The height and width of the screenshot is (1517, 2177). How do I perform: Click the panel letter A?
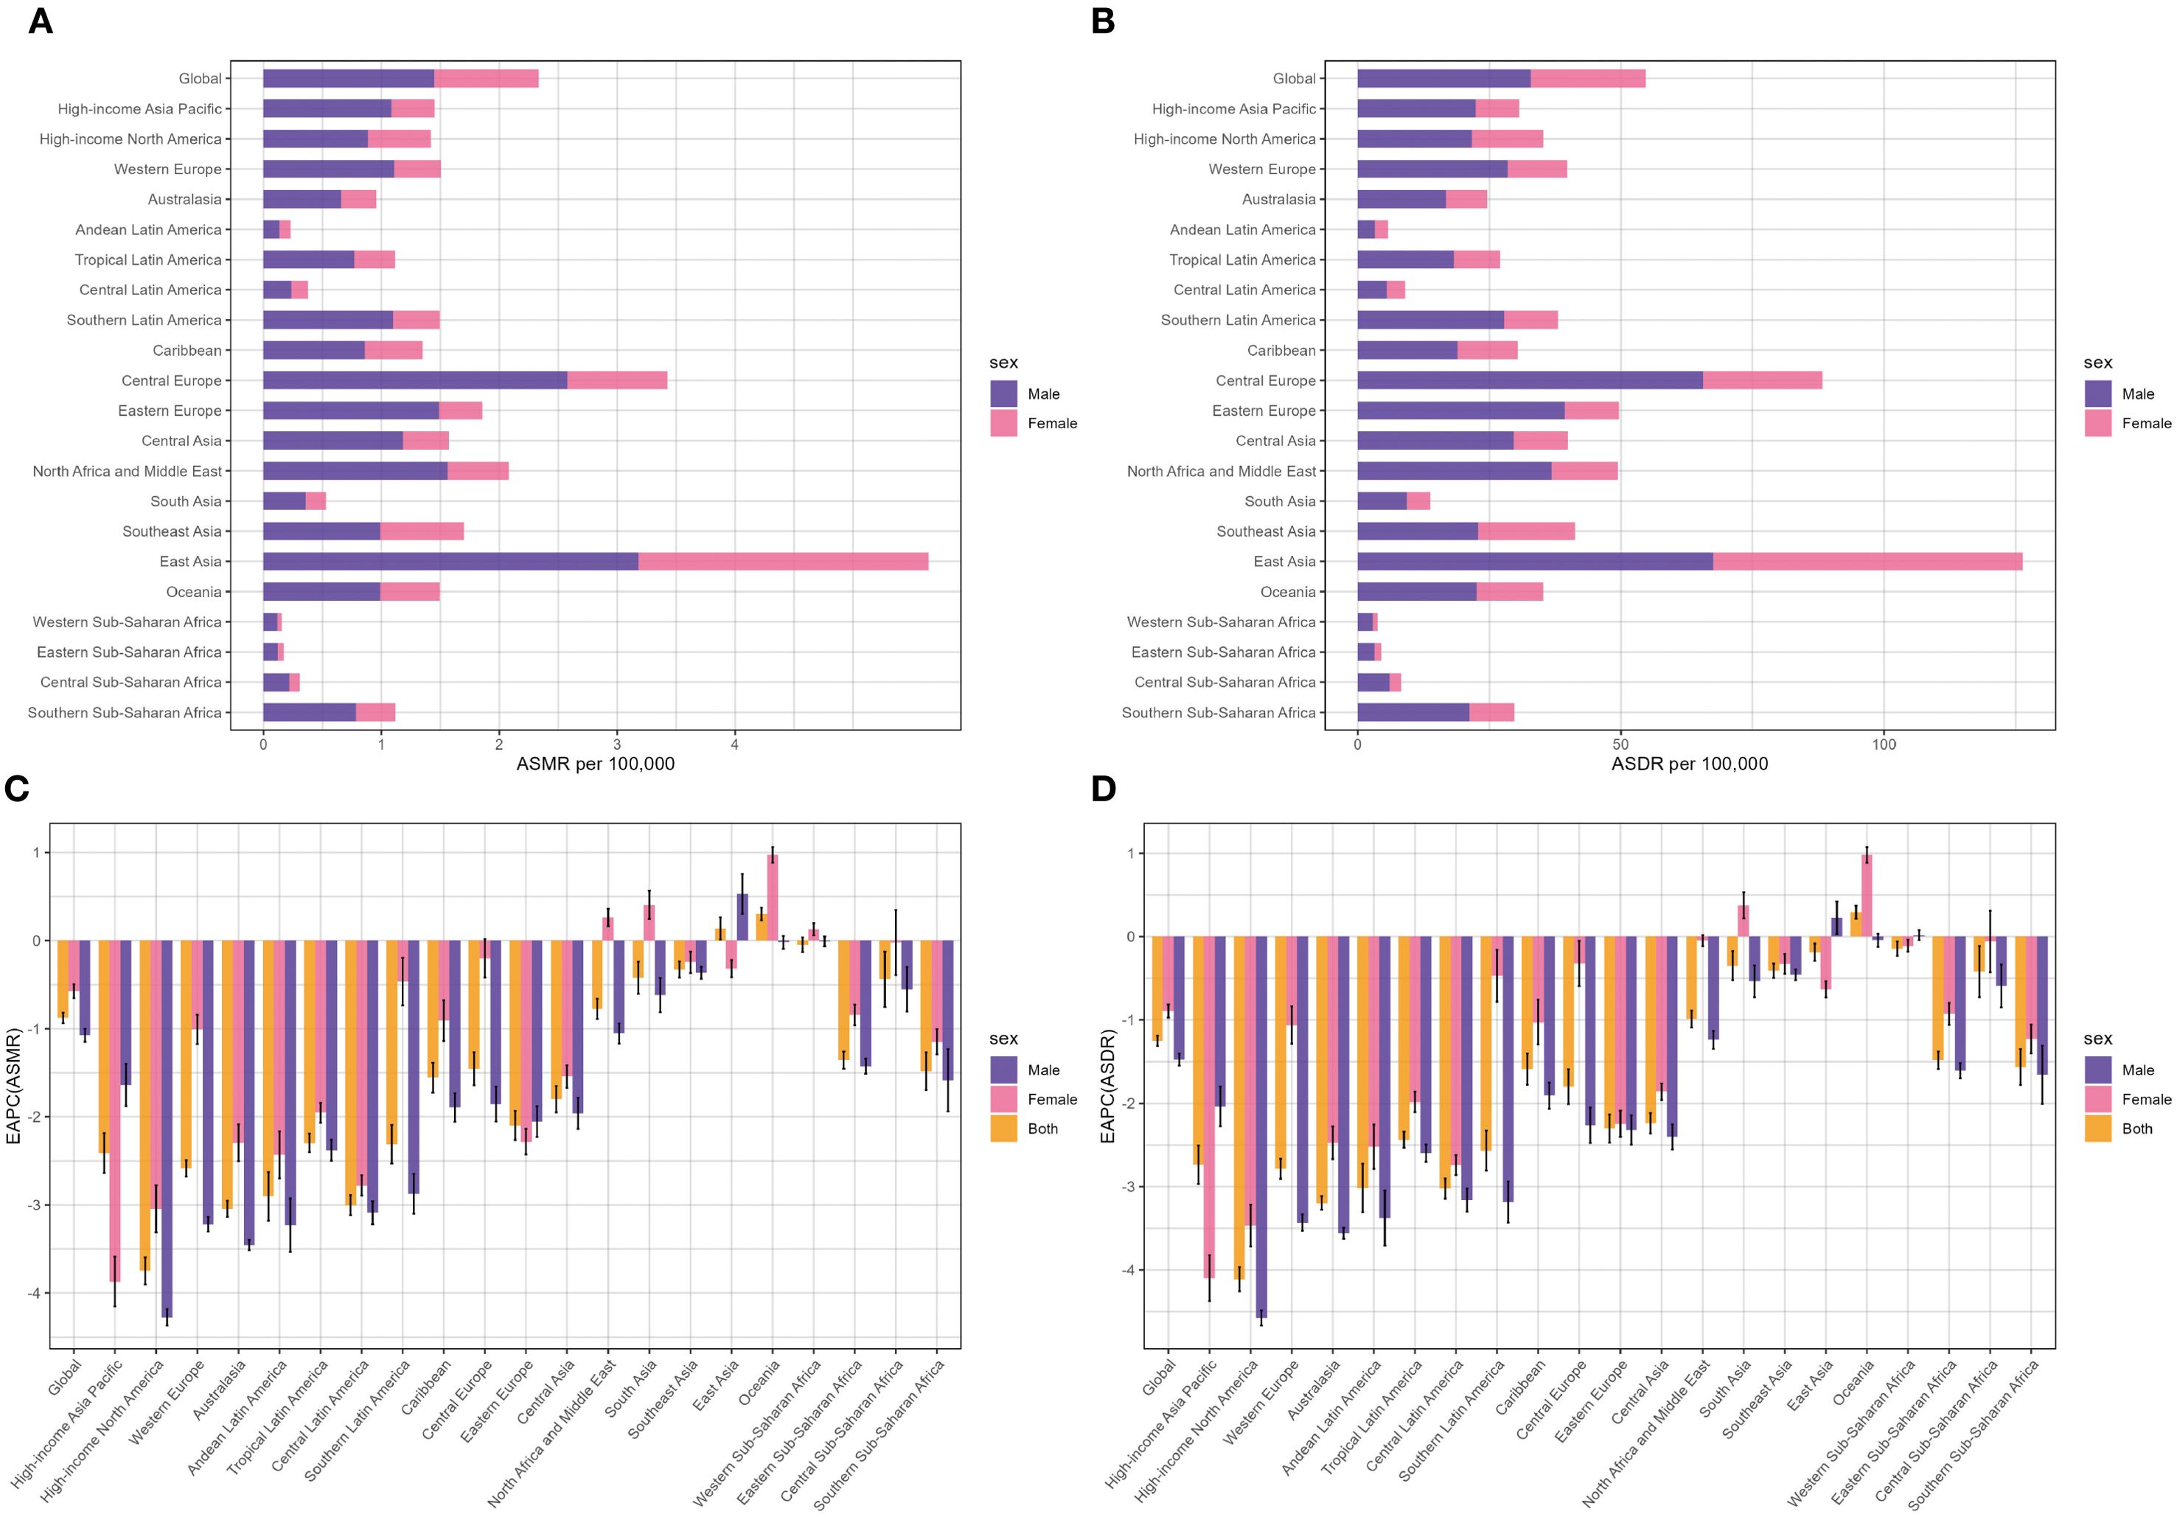[x=40, y=21]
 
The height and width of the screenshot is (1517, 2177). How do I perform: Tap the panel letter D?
[x=1103, y=789]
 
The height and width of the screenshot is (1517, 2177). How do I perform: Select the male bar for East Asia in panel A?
[x=450, y=561]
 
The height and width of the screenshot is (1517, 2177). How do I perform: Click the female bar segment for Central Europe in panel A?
[x=617, y=380]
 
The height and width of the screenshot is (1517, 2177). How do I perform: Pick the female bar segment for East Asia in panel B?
[x=1867, y=561]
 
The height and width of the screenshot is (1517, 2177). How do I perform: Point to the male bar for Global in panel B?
[x=1443, y=79]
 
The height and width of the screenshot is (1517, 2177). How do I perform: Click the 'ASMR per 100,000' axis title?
[x=596, y=764]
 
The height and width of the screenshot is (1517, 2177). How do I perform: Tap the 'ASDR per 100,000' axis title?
[x=1690, y=764]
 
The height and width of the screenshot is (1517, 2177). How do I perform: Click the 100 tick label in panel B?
[x=1883, y=744]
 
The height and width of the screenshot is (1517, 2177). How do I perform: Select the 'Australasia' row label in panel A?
[x=184, y=199]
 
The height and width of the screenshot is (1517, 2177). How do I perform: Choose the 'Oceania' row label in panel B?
[x=1288, y=592]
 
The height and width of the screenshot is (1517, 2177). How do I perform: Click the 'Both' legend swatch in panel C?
[x=1003, y=1129]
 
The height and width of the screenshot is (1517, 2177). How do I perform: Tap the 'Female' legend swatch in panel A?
[x=1003, y=423]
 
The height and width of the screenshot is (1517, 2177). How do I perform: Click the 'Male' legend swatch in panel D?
[x=2097, y=1070]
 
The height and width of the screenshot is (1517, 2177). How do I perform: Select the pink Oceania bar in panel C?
[x=773, y=897]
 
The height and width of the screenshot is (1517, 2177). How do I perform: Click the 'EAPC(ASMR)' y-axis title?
[x=13, y=1086]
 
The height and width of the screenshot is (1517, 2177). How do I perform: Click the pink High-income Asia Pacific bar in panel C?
[x=115, y=1109]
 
